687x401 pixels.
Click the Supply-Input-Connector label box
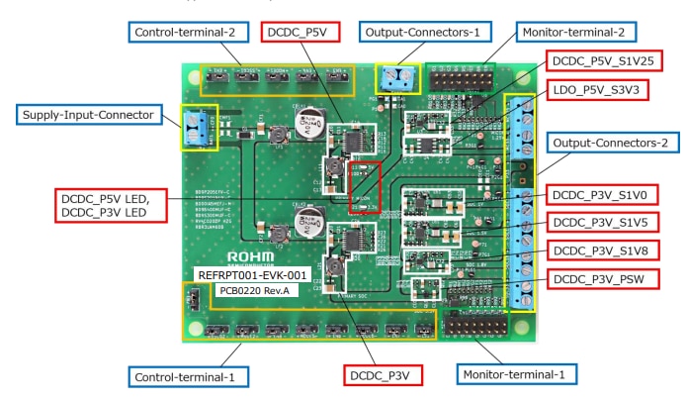click(87, 115)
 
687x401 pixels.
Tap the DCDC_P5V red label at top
click(302, 32)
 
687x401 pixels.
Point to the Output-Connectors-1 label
click(423, 32)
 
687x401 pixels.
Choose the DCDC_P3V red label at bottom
click(383, 375)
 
